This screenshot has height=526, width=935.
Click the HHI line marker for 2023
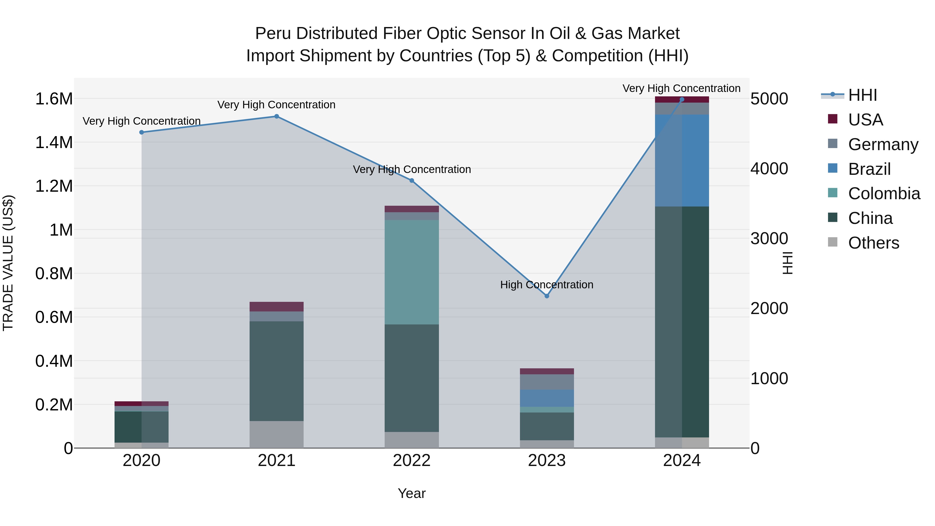pyautogui.click(x=547, y=296)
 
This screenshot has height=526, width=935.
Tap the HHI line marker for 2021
pyautogui.click(x=277, y=117)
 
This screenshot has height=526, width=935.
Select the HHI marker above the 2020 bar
pyautogui.click(x=142, y=132)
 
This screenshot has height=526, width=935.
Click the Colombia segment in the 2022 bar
pyautogui.click(x=412, y=272)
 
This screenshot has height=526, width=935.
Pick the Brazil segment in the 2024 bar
pyautogui.click(x=682, y=161)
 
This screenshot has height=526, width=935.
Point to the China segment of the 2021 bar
pyautogui.click(x=277, y=371)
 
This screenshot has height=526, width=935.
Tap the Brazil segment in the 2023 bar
pyautogui.click(x=547, y=398)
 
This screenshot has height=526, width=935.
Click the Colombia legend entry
pyautogui.click(x=884, y=194)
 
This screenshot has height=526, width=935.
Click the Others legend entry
pyautogui.click(x=873, y=243)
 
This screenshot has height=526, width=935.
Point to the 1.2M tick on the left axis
pyautogui.click(x=54, y=186)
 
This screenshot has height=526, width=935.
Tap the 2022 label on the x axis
pyautogui.click(x=412, y=461)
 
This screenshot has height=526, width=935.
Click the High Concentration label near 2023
pyautogui.click(x=547, y=285)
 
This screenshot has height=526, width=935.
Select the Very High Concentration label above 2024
pyautogui.click(x=681, y=88)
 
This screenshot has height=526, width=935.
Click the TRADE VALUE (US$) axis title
pyautogui.click(x=8, y=263)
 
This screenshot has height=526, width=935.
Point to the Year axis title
pyautogui.click(x=412, y=493)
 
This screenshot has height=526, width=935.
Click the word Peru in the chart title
pyautogui.click(x=273, y=34)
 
